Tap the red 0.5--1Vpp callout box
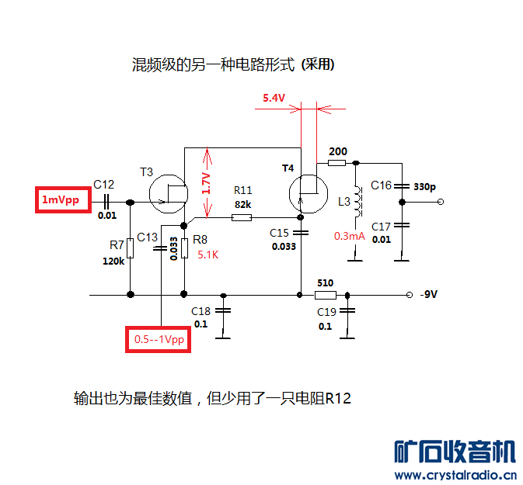pyautogui.click(x=158, y=340)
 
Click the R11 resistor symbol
pyautogui.click(x=242, y=218)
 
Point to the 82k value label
pyautogui.click(x=242, y=204)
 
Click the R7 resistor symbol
pyautogui.click(x=130, y=248)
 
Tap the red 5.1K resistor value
pyautogui.click(x=208, y=255)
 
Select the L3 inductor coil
pyautogui.click(x=357, y=204)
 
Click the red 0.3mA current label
pyautogui.click(x=350, y=236)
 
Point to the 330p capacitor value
pyautogui.click(x=424, y=187)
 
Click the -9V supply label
pyautogui.click(x=430, y=295)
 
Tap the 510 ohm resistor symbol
pyautogui.click(x=325, y=295)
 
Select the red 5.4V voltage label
pyautogui.click(x=274, y=98)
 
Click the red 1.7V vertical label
pyautogui.click(x=206, y=183)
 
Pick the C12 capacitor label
pyautogui.click(x=104, y=185)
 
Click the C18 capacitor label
pyautogui.click(x=201, y=310)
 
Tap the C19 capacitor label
pyautogui.click(x=326, y=311)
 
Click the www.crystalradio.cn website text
pyautogui.click(x=456, y=474)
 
